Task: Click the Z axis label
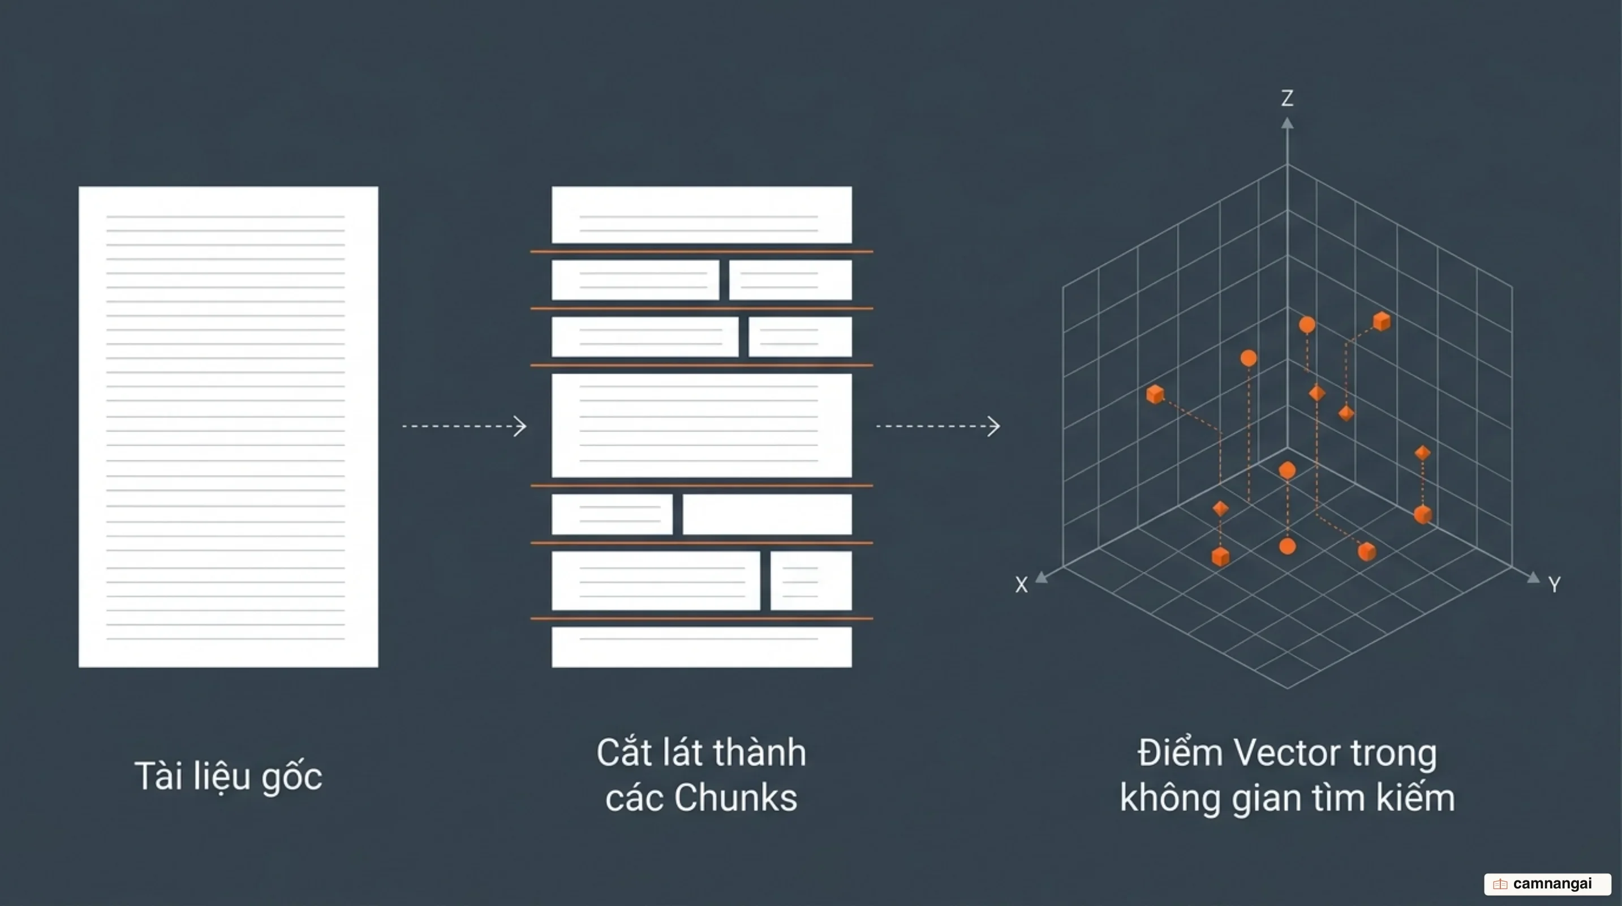pyautogui.click(x=1287, y=99)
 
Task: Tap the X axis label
pyautogui.click(x=1021, y=585)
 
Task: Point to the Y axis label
pyautogui.click(x=1555, y=585)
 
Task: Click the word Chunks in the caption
pyautogui.click(x=735, y=798)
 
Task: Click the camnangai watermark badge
pyautogui.click(x=1547, y=884)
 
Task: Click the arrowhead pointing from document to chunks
pyautogui.click(x=520, y=426)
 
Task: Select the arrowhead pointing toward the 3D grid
pyautogui.click(x=993, y=426)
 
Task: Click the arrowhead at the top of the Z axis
pyautogui.click(x=1287, y=123)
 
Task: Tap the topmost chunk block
pyautogui.click(x=702, y=214)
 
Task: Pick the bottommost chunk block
pyautogui.click(x=702, y=647)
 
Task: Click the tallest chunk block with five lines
pyautogui.click(x=702, y=425)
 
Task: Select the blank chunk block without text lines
pyautogui.click(x=767, y=514)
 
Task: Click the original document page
pyautogui.click(x=228, y=426)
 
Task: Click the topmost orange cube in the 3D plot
pyautogui.click(x=1382, y=321)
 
